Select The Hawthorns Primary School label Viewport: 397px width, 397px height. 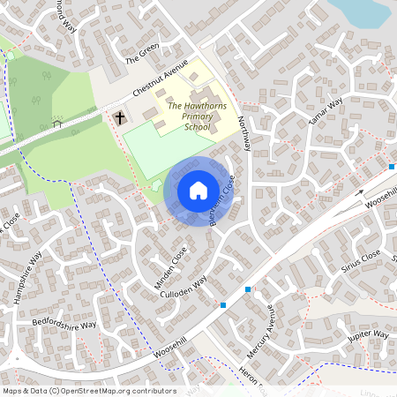(x=190, y=115)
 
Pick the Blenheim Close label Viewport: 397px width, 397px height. (x=221, y=201)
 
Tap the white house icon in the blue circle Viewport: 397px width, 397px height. (x=198, y=190)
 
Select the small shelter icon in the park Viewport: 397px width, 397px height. (x=57, y=123)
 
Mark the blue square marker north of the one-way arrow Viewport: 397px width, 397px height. (x=392, y=166)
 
